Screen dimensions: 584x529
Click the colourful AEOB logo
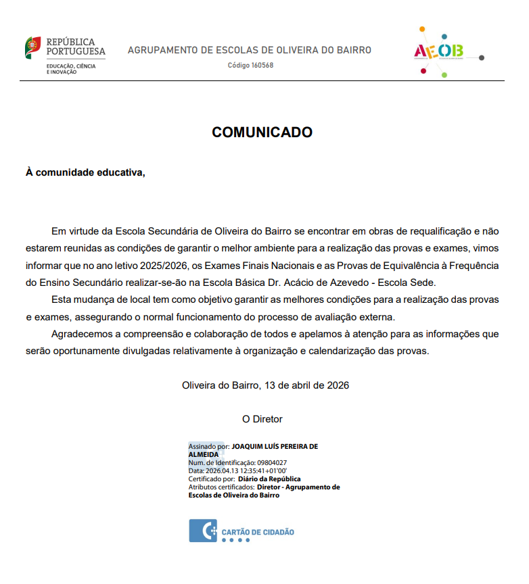(439, 51)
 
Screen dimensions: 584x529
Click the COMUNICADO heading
(262, 132)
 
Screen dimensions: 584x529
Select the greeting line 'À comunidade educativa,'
(85, 172)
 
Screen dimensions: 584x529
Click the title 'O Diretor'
(262, 419)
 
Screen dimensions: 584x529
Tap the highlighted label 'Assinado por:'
(208, 447)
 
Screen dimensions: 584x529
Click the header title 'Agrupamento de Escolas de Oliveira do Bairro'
(250, 50)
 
